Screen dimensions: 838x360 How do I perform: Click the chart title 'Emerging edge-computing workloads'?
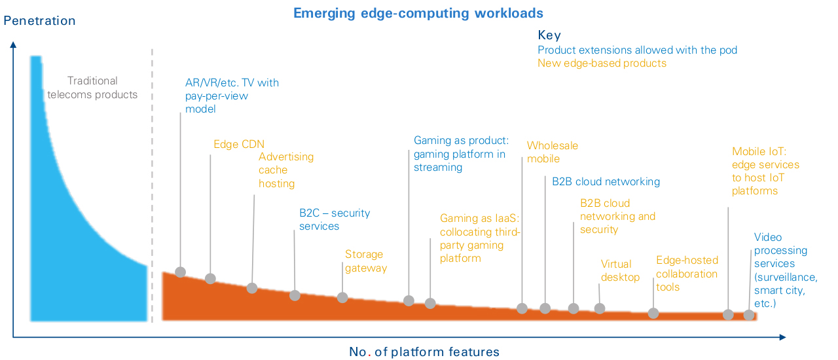point(418,14)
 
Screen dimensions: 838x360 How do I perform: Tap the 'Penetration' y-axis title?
point(39,20)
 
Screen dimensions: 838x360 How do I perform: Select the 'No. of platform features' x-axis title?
point(424,351)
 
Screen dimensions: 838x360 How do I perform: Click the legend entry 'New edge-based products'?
point(602,63)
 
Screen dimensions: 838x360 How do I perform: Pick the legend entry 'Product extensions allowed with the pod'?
point(637,50)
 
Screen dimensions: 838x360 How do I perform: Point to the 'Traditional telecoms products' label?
point(92,88)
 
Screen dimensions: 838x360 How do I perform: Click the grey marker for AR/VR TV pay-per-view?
point(180,272)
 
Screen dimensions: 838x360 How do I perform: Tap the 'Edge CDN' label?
point(239,144)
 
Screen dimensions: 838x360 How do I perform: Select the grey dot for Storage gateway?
point(342,298)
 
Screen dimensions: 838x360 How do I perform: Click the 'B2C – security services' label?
point(335,219)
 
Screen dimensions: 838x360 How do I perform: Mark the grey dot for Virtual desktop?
point(600,308)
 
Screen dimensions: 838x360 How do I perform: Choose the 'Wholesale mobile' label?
point(552,152)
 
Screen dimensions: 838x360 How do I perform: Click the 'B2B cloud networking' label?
point(606,181)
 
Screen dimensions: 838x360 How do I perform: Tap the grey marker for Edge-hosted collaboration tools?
point(653,314)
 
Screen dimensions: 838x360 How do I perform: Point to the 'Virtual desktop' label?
point(620,270)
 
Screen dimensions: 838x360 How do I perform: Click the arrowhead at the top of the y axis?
point(13,45)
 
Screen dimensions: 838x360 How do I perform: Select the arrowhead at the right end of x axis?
point(782,337)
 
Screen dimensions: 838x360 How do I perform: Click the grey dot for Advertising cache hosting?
point(252,288)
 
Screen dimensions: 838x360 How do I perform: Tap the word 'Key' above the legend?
point(549,35)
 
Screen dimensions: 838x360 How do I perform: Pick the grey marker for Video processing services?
point(748,315)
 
